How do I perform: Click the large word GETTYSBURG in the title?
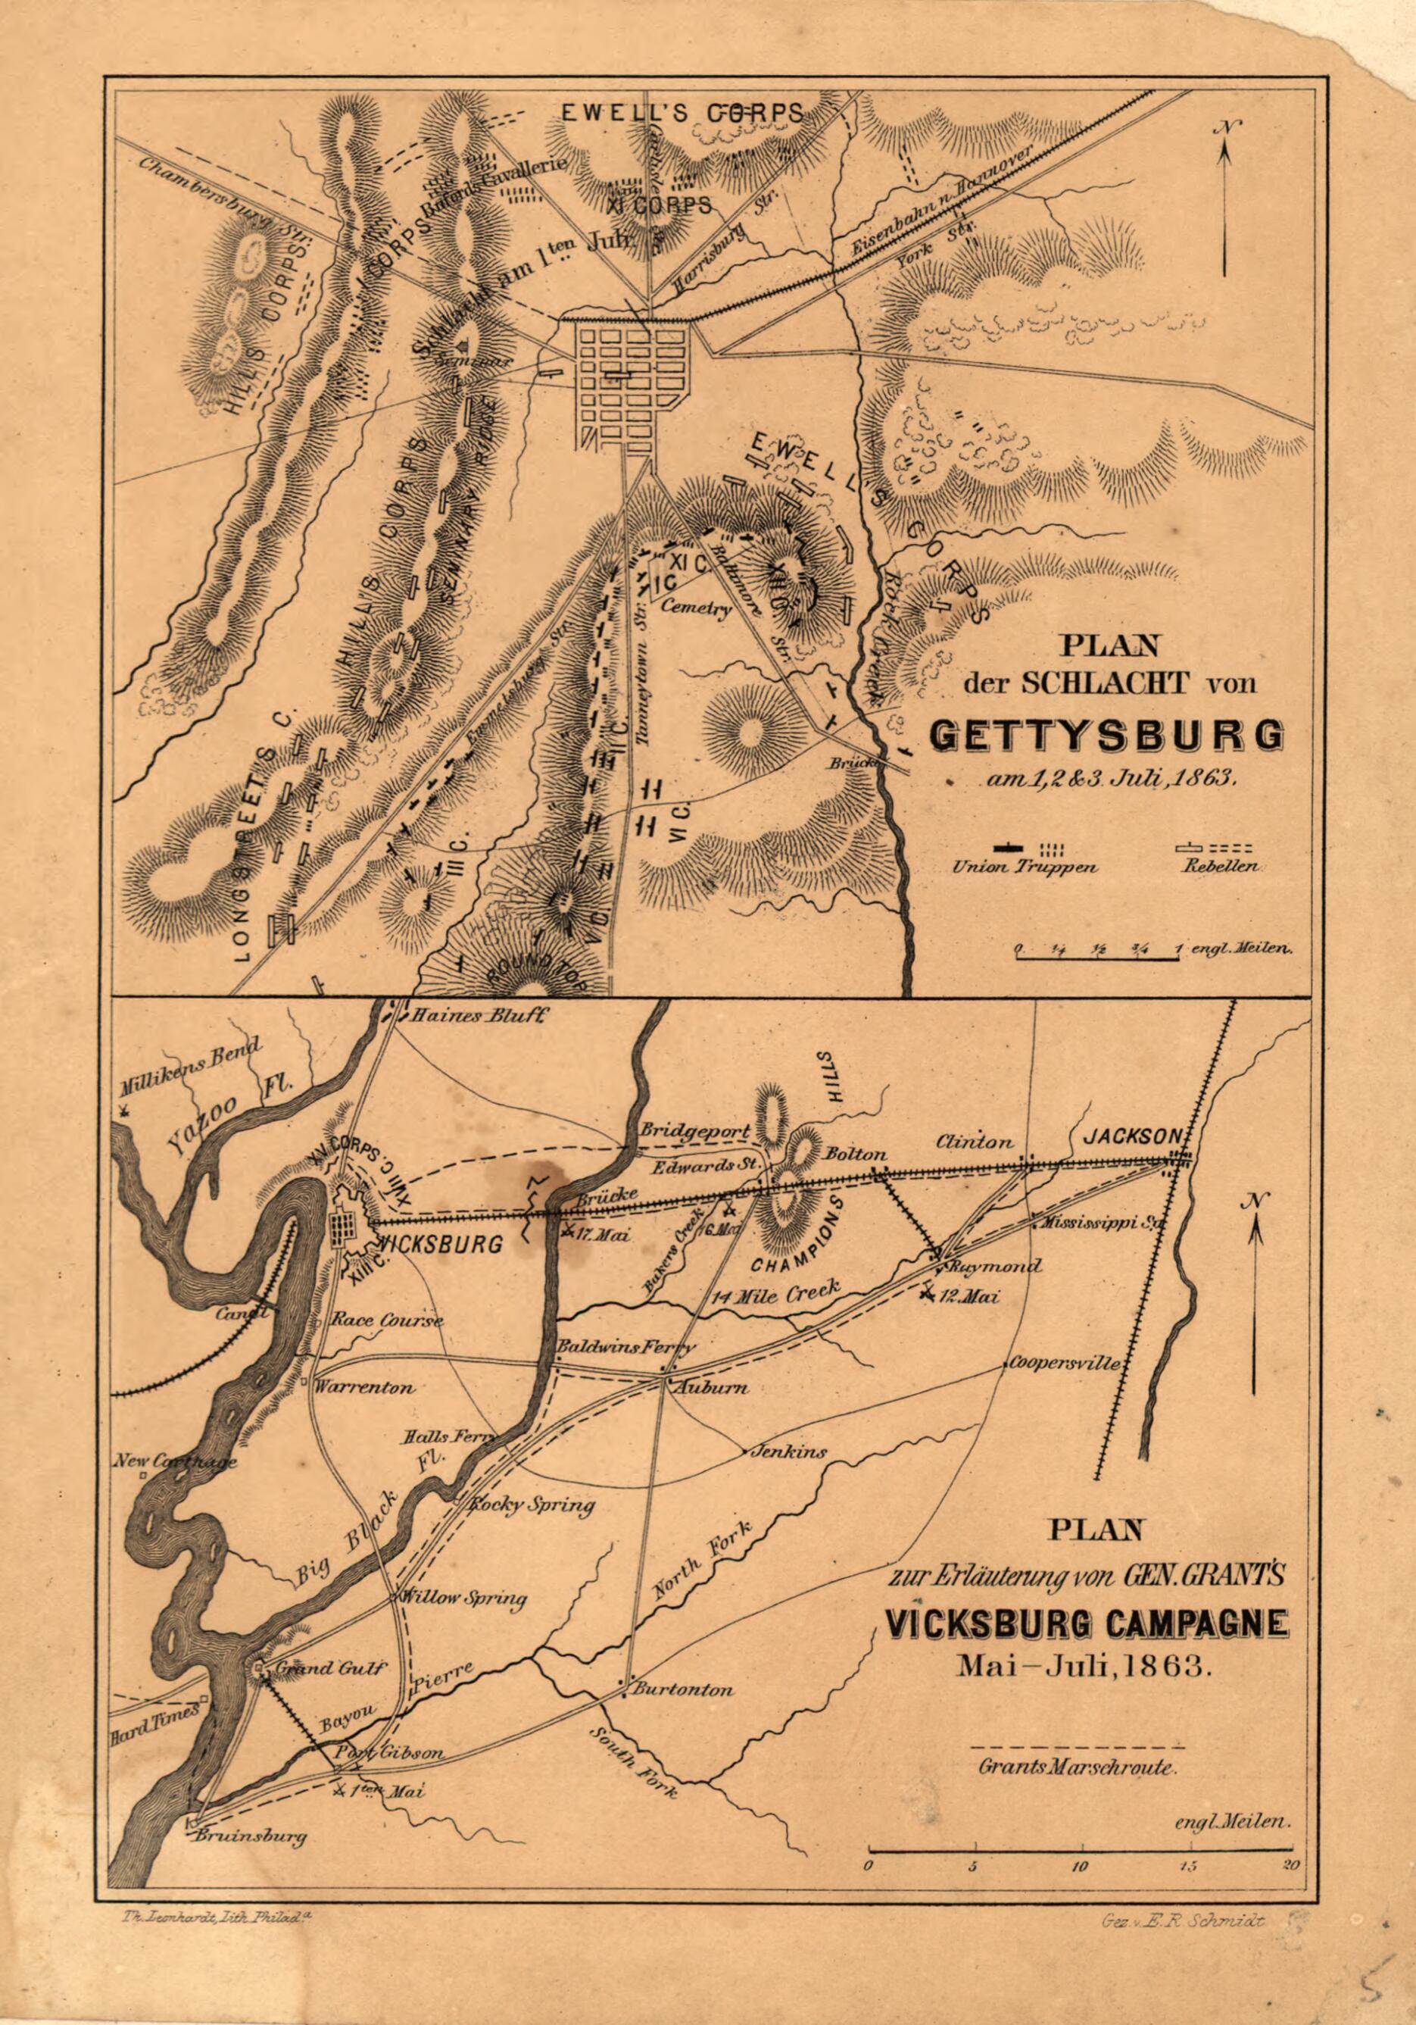pyautogui.click(x=1106, y=736)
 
